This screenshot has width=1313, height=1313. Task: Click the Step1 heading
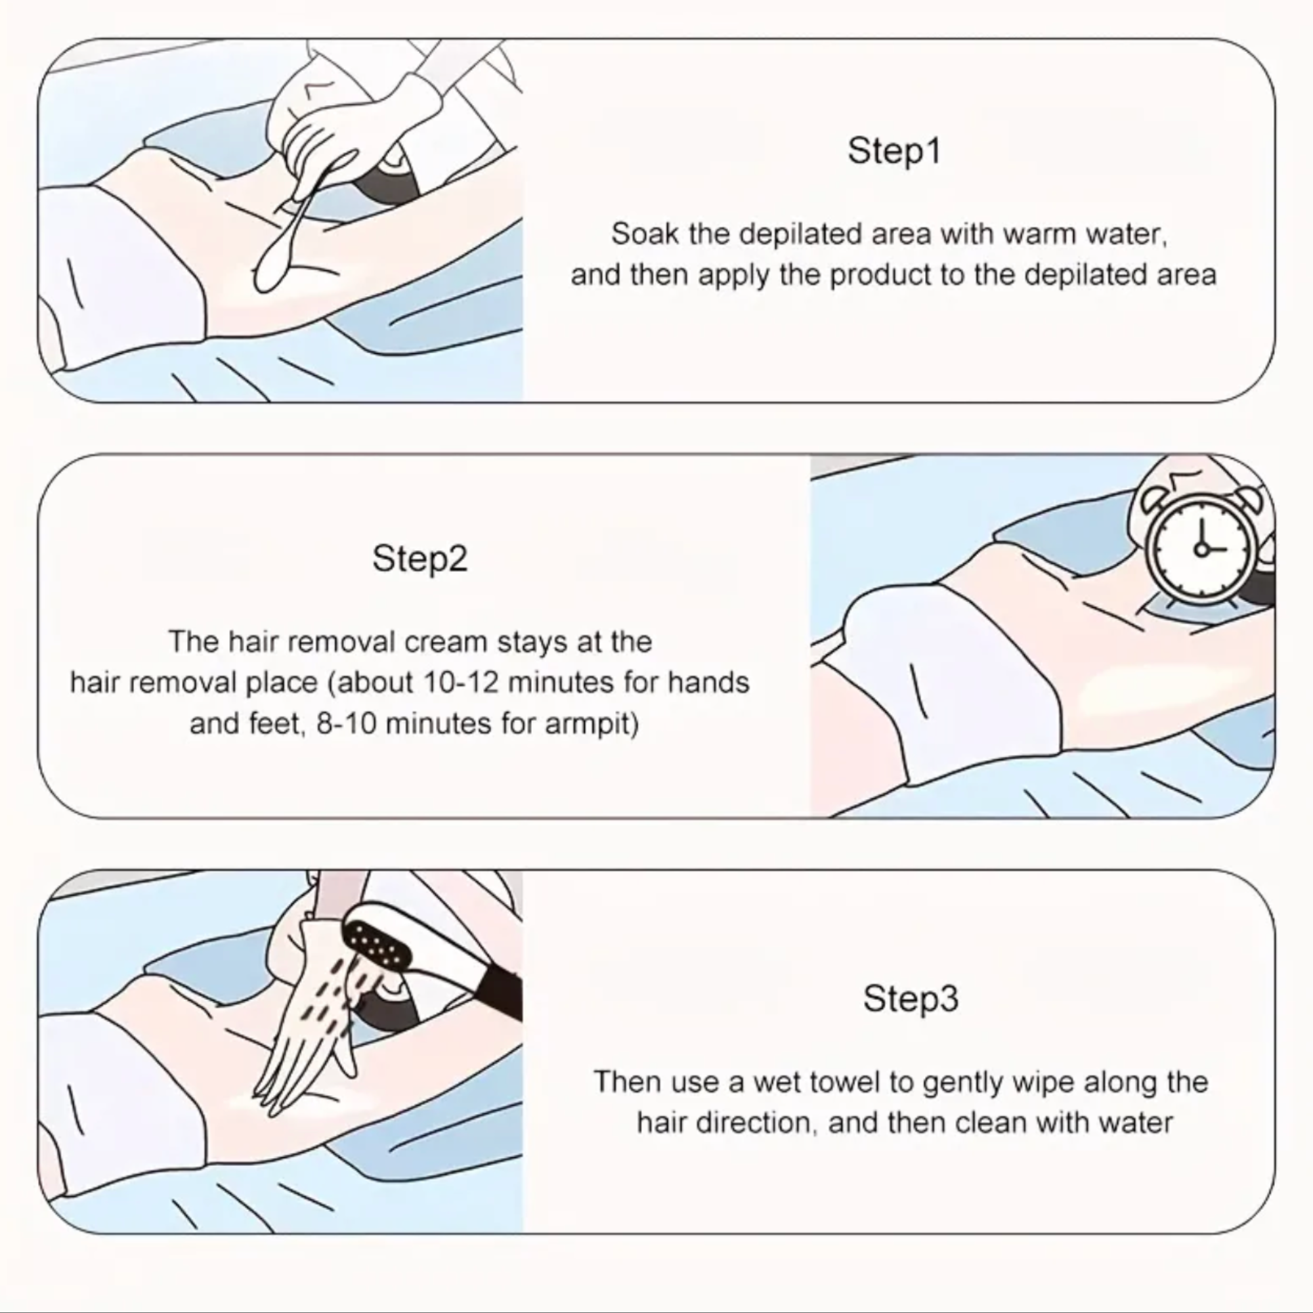893,151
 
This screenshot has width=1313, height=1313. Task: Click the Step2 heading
420,559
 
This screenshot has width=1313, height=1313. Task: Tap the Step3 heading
910,999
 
